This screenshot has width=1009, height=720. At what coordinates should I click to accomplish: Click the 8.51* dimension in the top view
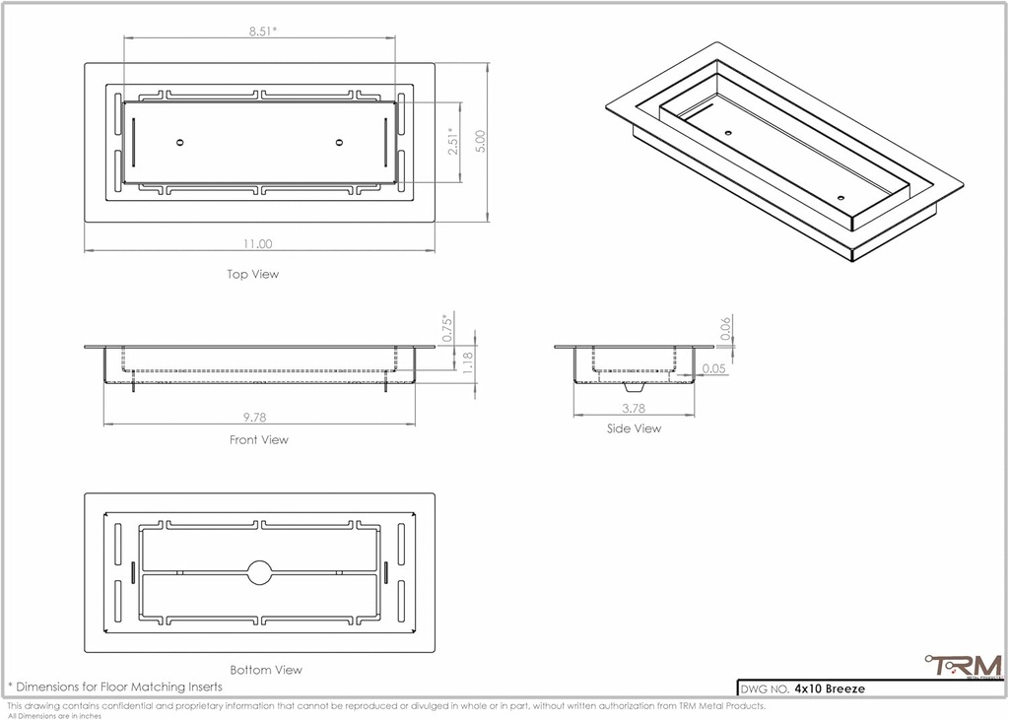click(x=262, y=31)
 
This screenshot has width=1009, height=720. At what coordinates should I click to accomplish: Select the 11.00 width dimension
click(x=259, y=243)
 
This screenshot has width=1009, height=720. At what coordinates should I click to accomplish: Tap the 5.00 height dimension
click(x=481, y=142)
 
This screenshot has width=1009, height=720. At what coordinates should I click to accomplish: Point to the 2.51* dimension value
click(x=452, y=142)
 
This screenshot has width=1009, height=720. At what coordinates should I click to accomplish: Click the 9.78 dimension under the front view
click(x=258, y=418)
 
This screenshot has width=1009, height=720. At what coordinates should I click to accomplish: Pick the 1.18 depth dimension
click(x=469, y=362)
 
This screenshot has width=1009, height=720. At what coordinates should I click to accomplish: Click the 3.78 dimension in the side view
click(x=634, y=408)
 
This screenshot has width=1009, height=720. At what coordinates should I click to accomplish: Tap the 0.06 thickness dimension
click(x=725, y=330)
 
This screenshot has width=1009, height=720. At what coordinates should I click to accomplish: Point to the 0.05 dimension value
click(x=714, y=369)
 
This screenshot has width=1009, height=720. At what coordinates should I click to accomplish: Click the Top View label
click(x=253, y=275)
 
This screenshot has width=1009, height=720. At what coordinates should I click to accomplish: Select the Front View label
click(x=259, y=440)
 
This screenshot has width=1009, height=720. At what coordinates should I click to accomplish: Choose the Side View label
click(x=634, y=428)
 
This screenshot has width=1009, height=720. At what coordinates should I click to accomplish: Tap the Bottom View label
click(x=266, y=670)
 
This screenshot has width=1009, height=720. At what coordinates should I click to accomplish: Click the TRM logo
click(x=963, y=667)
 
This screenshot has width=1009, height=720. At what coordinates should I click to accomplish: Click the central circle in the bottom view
click(x=260, y=572)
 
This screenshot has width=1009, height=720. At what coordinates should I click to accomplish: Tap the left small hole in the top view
click(x=179, y=143)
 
